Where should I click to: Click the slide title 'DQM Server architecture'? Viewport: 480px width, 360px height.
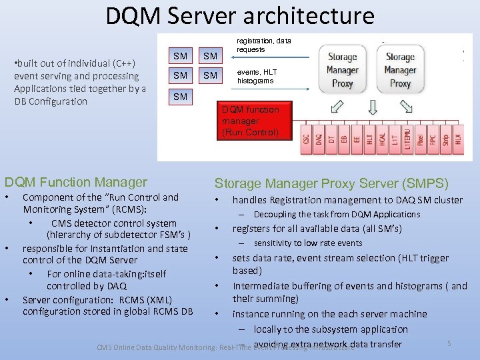[x=240, y=15]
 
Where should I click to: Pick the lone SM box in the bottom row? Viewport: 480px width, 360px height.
[x=180, y=97]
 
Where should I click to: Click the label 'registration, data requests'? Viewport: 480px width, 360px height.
[x=265, y=45]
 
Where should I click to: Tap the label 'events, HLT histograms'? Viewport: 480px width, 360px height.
[x=257, y=76]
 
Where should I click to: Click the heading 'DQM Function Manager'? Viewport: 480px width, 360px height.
[x=76, y=182]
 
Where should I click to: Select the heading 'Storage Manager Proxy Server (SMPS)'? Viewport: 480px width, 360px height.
[x=331, y=183]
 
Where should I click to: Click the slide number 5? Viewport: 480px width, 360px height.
[x=449, y=343]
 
